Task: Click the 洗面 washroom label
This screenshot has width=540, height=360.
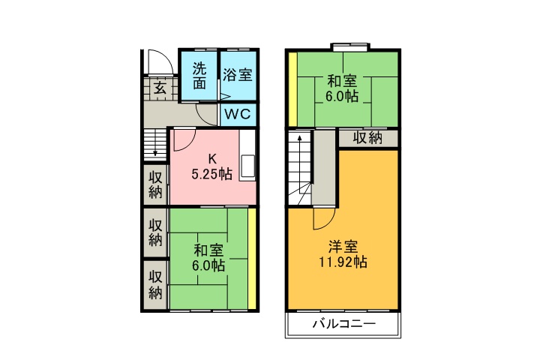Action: [x=199, y=75]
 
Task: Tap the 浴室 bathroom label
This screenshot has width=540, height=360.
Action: [x=237, y=75]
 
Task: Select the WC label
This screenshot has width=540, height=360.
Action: [x=237, y=114]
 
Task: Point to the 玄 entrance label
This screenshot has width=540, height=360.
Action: [x=160, y=88]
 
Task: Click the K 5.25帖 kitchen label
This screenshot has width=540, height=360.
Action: [x=211, y=166]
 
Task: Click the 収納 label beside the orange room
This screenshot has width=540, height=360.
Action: [x=368, y=138]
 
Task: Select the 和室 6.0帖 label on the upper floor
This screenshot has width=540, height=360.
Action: [x=341, y=88]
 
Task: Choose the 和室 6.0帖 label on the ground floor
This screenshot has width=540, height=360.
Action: [x=208, y=257]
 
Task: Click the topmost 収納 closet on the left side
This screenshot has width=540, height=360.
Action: [x=155, y=184]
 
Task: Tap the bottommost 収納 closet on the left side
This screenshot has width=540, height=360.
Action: [x=155, y=284]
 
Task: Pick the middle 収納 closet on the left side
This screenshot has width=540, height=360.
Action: [x=155, y=232]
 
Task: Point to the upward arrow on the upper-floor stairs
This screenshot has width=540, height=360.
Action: [x=298, y=142]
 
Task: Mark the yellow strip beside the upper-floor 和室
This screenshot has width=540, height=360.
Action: [x=294, y=88]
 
